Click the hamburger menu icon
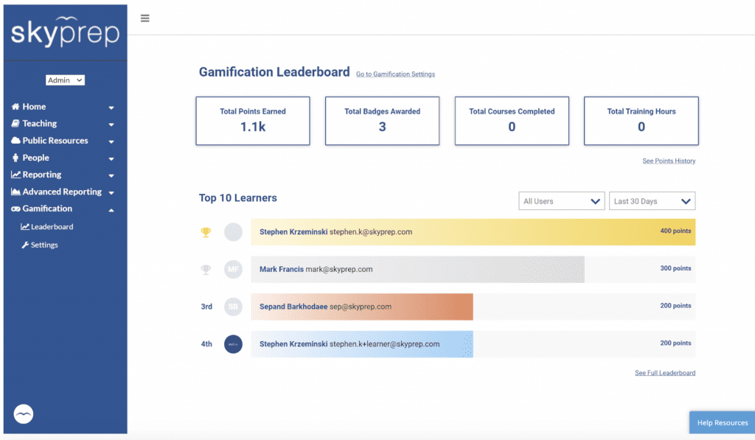pyautogui.click(x=145, y=18)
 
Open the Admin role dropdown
pyautogui.click(x=66, y=80)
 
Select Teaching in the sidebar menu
pyautogui.click(x=40, y=124)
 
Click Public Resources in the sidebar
pyautogui.click(x=55, y=141)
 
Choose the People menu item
pyautogui.click(x=35, y=158)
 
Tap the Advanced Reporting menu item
pyautogui.click(x=62, y=192)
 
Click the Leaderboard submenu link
pyautogui.click(x=52, y=227)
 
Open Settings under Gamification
pyautogui.click(x=44, y=245)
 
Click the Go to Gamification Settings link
pyautogui.click(x=395, y=74)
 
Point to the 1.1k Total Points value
pyautogui.click(x=252, y=127)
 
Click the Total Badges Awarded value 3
pyautogui.click(x=382, y=127)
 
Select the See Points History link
pyautogui.click(x=669, y=161)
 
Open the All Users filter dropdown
pyautogui.click(x=562, y=201)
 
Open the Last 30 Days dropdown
pyautogui.click(x=652, y=201)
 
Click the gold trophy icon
pyautogui.click(x=206, y=232)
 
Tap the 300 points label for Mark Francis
pyautogui.click(x=675, y=269)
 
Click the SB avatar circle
pyautogui.click(x=233, y=307)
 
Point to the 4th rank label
pyautogui.click(x=206, y=344)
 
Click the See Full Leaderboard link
pyautogui.click(x=664, y=373)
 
